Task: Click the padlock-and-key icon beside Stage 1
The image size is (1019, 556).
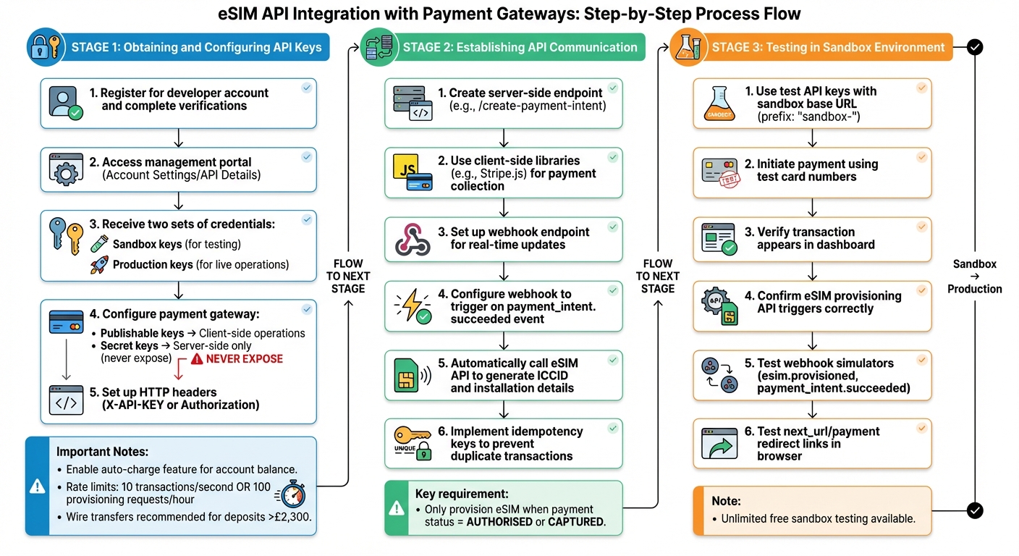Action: coord(45,47)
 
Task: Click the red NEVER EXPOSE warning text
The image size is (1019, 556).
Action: coord(244,359)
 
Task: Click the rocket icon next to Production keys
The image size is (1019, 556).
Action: coord(99,264)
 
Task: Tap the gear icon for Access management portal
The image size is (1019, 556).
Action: coord(66,171)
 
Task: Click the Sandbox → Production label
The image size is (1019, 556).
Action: coord(974,277)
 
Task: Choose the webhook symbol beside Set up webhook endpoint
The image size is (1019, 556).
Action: coord(413,240)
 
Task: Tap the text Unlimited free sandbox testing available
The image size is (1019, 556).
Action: coord(818,518)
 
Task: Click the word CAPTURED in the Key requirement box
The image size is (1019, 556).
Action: coord(576,522)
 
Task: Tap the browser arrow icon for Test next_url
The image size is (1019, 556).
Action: coord(719,445)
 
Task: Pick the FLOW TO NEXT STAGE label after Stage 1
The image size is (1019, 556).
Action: coord(348,276)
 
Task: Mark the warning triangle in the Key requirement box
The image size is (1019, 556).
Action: coord(396,508)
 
